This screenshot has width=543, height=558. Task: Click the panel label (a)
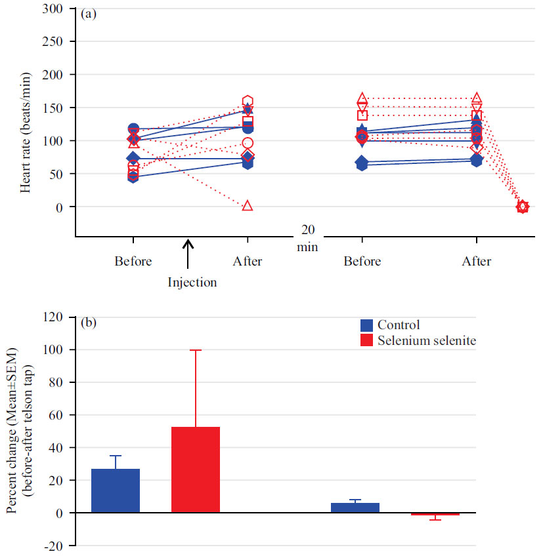[88, 14]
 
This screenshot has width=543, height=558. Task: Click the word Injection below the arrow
[192, 283]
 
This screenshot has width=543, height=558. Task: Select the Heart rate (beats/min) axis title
[25, 123]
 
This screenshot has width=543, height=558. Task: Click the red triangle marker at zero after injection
[248, 206]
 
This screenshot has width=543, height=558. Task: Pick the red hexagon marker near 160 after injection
[248, 102]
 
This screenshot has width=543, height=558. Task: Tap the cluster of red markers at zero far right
[522, 207]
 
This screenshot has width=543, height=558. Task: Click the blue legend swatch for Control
[367, 325]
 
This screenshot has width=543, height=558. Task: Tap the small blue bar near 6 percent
[355, 508]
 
